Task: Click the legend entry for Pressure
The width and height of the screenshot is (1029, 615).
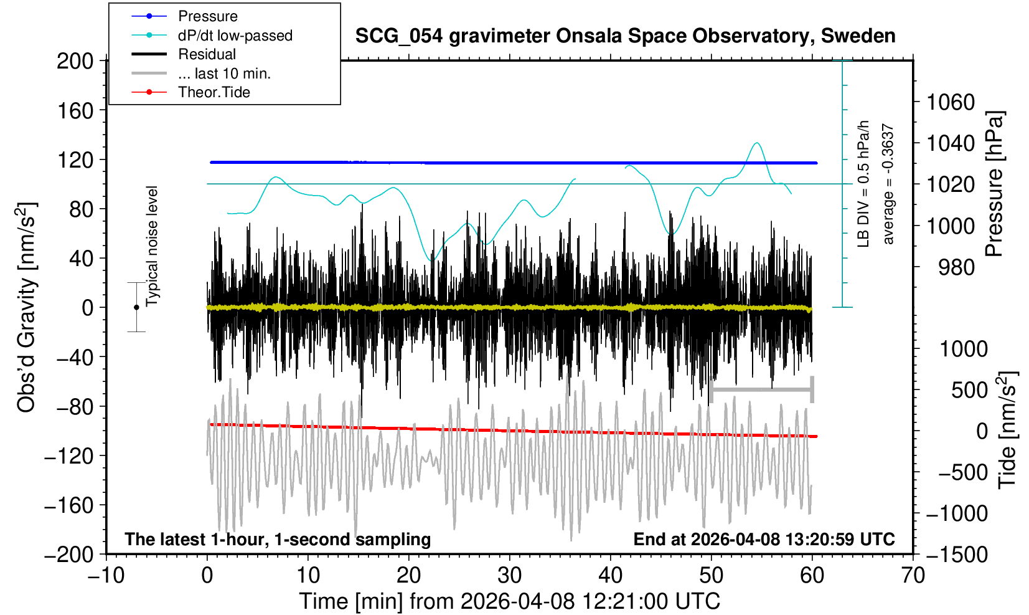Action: point(207,16)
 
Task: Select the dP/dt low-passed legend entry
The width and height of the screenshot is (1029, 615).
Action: point(235,36)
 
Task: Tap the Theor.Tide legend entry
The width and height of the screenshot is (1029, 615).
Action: point(214,92)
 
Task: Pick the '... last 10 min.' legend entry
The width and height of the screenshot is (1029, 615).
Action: point(224,74)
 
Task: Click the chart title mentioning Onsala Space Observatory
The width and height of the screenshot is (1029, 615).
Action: point(625,36)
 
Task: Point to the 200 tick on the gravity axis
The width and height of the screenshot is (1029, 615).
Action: point(75,61)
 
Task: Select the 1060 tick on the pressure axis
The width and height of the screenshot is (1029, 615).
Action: point(951,102)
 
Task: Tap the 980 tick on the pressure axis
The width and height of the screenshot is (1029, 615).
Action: point(957,267)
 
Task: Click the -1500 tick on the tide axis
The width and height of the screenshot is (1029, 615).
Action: point(957,554)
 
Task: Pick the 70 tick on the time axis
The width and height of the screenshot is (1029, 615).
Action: point(913,575)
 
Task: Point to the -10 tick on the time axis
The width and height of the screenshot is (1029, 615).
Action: point(106,575)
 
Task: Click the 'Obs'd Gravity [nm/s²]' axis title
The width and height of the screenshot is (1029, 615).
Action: point(27,307)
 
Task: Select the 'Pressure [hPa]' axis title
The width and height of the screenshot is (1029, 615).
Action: point(995,184)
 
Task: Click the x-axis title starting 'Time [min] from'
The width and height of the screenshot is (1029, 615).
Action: point(509,601)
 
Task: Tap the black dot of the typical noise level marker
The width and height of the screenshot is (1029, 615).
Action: point(136,307)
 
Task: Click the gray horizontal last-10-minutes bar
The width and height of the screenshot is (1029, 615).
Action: point(761,390)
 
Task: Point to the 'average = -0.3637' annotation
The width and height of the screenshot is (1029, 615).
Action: point(888,184)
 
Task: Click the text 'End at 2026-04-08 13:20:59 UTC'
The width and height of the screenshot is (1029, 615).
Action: point(764,539)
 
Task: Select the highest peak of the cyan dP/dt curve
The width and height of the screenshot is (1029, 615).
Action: point(756,143)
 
